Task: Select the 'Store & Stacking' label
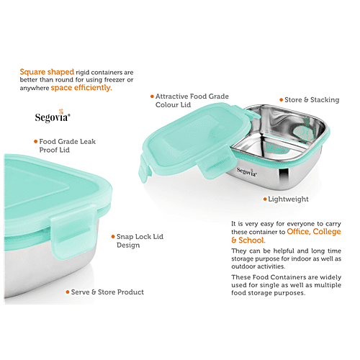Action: point(307,99)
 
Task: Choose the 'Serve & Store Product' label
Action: point(107,292)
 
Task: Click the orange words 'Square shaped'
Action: point(42,72)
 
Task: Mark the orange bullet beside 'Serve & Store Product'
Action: point(66,292)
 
